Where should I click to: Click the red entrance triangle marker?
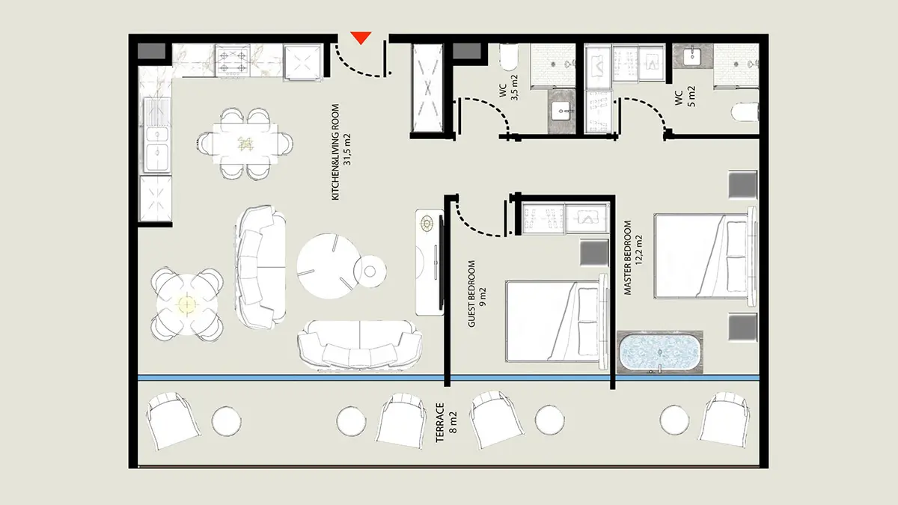click(x=361, y=37)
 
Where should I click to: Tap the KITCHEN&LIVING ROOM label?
click(x=335, y=152)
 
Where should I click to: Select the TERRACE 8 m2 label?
click(x=446, y=423)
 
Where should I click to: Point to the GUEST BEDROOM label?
click(x=472, y=294)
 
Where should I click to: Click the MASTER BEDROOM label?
click(x=628, y=257)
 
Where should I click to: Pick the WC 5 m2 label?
click(x=685, y=97)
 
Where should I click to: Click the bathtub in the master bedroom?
click(x=659, y=352)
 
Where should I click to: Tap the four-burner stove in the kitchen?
click(x=233, y=61)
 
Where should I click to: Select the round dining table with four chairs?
click(x=187, y=304)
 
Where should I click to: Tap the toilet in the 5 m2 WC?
click(x=745, y=111)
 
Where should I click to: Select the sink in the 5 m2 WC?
click(x=692, y=57)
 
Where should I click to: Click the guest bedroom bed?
click(x=557, y=322)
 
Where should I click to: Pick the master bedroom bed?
click(x=705, y=257)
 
